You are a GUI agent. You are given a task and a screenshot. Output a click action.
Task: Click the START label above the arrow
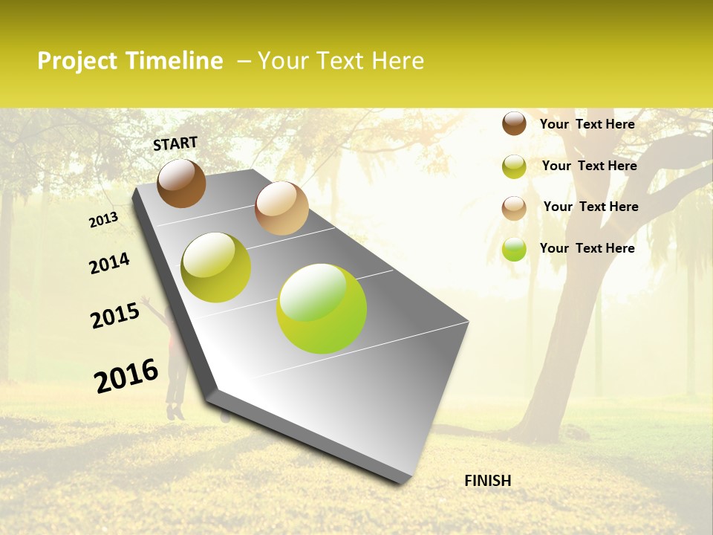[x=175, y=143]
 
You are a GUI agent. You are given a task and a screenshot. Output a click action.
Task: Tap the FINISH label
[x=487, y=481]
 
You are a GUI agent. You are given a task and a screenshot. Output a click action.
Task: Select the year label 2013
[x=103, y=220]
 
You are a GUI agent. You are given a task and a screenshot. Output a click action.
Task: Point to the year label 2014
[x=109, y=263]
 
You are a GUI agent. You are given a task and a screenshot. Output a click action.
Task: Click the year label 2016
[x=126, y=376]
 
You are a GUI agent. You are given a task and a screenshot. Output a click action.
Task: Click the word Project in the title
[x=78, y=61]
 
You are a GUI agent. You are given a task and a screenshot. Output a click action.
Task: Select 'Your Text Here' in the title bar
[x=341, y=61]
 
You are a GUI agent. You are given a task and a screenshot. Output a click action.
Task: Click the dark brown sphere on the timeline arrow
[x=181, y=184]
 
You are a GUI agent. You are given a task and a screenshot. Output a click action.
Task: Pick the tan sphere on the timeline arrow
[x=281, y=208]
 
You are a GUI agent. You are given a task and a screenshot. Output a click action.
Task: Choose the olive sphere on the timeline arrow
[x=216, y=267]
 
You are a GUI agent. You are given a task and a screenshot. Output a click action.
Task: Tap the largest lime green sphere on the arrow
[x=322, y=308]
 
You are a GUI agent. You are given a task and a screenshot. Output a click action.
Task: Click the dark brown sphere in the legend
[x=514, y=123]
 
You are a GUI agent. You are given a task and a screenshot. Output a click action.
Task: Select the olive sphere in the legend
[x=514, y=166]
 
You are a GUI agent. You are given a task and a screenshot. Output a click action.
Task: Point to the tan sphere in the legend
[x=514, y=208]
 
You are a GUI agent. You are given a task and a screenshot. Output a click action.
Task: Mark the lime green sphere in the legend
[x=514, y=249]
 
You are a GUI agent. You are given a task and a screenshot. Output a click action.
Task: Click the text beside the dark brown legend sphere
[x=587, y=124]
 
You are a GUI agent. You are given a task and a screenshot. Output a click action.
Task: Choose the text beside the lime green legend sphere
[x=587, y=248]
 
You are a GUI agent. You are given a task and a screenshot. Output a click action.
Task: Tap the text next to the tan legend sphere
[x=590, y=207]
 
